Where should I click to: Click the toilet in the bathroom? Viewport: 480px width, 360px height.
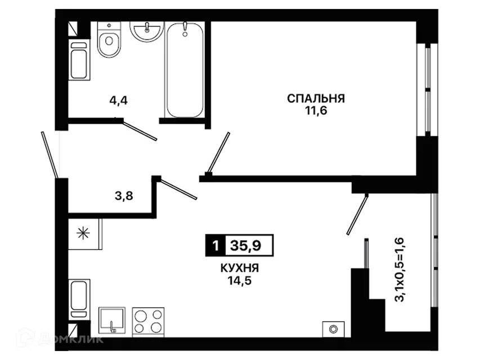pyautogui.click(x=109, y=39)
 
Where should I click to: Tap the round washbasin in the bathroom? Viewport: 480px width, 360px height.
pyautogui.click(x=147, y=31)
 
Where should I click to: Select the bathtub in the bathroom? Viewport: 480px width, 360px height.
pyautogui.click(x=184, y=70)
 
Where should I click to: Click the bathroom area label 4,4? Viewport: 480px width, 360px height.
pyautogui.click(x=119, y=100)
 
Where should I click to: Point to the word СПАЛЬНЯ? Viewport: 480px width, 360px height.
pyautogui.click(x=316, y=98)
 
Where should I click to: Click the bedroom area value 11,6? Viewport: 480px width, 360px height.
pyautogui.click(x=316, y=111)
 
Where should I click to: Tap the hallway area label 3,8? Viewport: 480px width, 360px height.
pyautogui.click(x=124, y=196)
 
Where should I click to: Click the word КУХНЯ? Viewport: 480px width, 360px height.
pyautogui.click(x=240, y=268)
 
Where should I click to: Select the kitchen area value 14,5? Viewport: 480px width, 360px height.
pyautogui.click(x=240, y=281)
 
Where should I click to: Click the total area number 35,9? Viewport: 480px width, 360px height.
pyautogui.click(x=246, y=245)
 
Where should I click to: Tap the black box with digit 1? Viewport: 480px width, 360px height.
pyautogui.click(x=216, y=245)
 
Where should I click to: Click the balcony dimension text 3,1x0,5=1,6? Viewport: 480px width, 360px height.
pyautogui.click(x=400, y=269)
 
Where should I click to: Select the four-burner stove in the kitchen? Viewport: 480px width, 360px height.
pyautogui.click(x=148, y=322)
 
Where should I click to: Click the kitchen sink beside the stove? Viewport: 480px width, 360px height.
pyautogui.click(x=112, y=321)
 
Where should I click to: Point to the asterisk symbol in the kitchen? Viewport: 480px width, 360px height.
pyautogui.click(x=83, y=234)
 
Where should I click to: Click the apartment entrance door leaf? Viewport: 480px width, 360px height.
pyautogui.click(x=49, y=155)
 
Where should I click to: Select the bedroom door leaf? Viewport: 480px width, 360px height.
pyautogui.click(x=218, y=152)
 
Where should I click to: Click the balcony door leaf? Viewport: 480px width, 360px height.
pyautogui.click(x=357, y=214)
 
